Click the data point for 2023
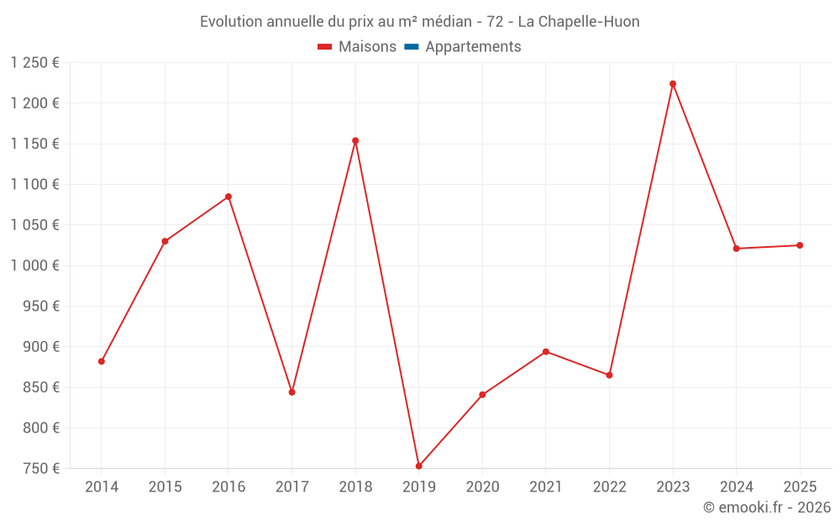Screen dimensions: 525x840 (673, 84)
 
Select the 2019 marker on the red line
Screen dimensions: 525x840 (418, 466)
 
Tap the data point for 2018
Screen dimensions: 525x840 (355, 141)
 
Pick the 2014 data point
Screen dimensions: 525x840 (102, 361)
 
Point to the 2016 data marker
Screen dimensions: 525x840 (228, 197)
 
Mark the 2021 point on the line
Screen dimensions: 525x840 (546, 352)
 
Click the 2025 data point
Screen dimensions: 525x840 (800, 245)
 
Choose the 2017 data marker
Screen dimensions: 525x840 (291, 392)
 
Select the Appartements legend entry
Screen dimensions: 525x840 (473, 47)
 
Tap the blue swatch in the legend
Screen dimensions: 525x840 (412, 47)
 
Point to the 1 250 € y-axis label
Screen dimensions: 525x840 (35, 63)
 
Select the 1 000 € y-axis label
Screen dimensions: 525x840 (35, 265)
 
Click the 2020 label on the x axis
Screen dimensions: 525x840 (482, 487)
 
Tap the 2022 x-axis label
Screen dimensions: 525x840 (609, 487)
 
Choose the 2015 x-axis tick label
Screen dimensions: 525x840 (165, 487)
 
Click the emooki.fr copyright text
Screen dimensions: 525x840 (767, 507)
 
